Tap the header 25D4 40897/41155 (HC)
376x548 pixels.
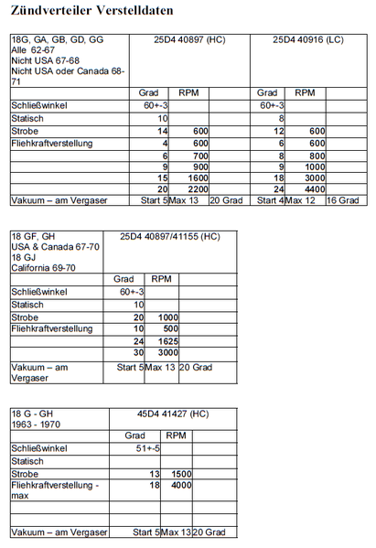pyautogui.click(x=170, y=237)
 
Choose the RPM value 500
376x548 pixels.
pyautogui.click(x=166, y=328)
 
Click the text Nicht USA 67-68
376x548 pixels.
pyautogui.click(x=47, y=61)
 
